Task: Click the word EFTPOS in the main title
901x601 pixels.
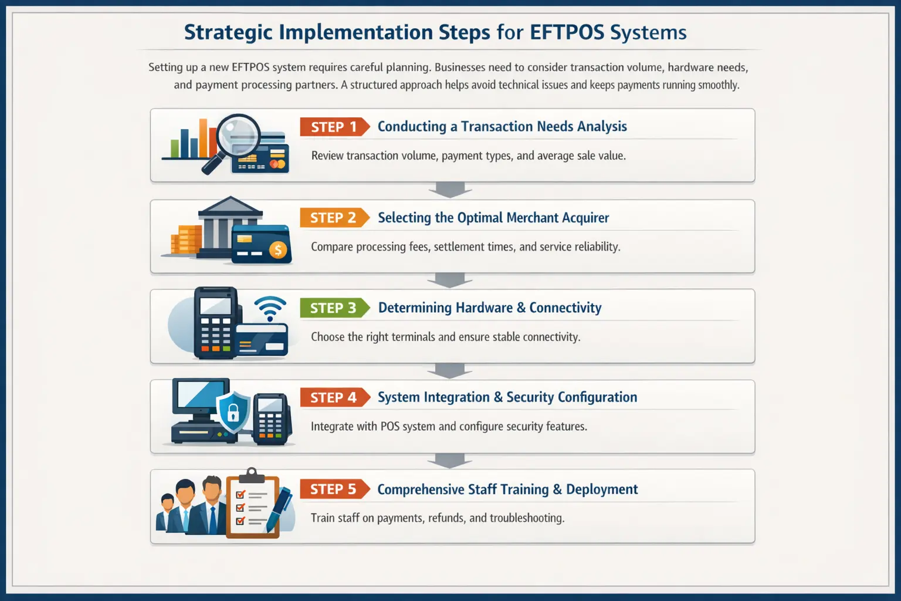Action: click(x=567, y=32)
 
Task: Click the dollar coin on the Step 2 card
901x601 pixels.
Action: click(x=278, y=249)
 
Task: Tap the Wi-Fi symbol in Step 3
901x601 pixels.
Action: click(x=270, y=308)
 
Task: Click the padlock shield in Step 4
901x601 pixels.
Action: click(x=233, y=411)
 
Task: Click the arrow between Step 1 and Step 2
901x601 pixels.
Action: click(x=450, y=190)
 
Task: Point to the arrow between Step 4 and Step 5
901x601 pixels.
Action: click(x=450, y=461)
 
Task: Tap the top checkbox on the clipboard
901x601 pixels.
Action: click(x=241, y=494)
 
